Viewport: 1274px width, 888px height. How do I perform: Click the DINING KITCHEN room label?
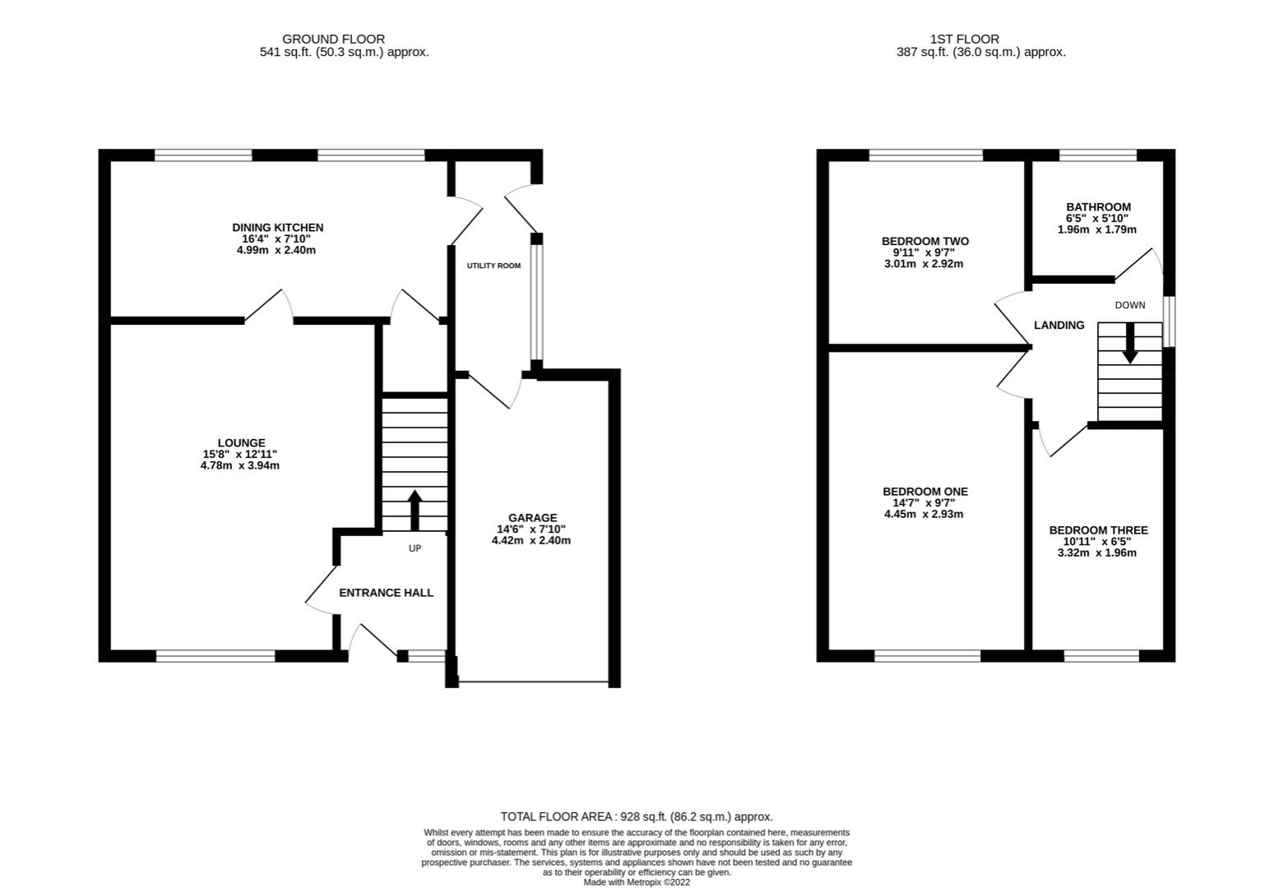tap(277, 228)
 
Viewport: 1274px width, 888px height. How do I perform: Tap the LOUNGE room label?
tap(241, 443)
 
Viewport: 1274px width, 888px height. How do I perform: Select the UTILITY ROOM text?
tap(493, 266)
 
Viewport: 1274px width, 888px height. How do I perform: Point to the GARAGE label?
tap(532, 518)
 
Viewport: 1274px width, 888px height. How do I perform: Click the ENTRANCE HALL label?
tap(387, 593)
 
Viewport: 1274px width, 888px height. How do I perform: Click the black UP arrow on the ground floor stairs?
tap(415, 510)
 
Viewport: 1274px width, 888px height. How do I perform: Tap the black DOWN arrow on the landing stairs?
tap(1129, 343)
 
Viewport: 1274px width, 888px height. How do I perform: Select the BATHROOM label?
tap(1098, 207)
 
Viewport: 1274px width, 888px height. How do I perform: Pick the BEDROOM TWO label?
tap(924, 241)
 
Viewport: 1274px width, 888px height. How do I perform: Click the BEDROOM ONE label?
tap(924, 492)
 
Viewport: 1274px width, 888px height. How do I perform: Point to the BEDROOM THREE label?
tap(1098, 530)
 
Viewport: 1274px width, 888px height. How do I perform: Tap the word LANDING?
tap(1059, 325)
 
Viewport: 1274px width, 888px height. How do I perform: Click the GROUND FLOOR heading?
tap(333, 39)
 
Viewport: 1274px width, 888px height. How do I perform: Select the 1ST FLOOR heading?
tap(965, 39)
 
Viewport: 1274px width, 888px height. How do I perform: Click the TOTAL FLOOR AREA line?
tap(637, 817)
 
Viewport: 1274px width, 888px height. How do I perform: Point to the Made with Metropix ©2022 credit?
tap(637, 882)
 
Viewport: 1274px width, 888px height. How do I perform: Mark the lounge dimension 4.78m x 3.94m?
tap(240, 465)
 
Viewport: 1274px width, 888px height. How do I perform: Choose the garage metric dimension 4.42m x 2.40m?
tap(531, 541)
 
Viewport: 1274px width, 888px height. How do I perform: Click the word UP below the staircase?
tap(415, 548)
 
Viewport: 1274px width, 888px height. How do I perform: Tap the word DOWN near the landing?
tap(1130, 305)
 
